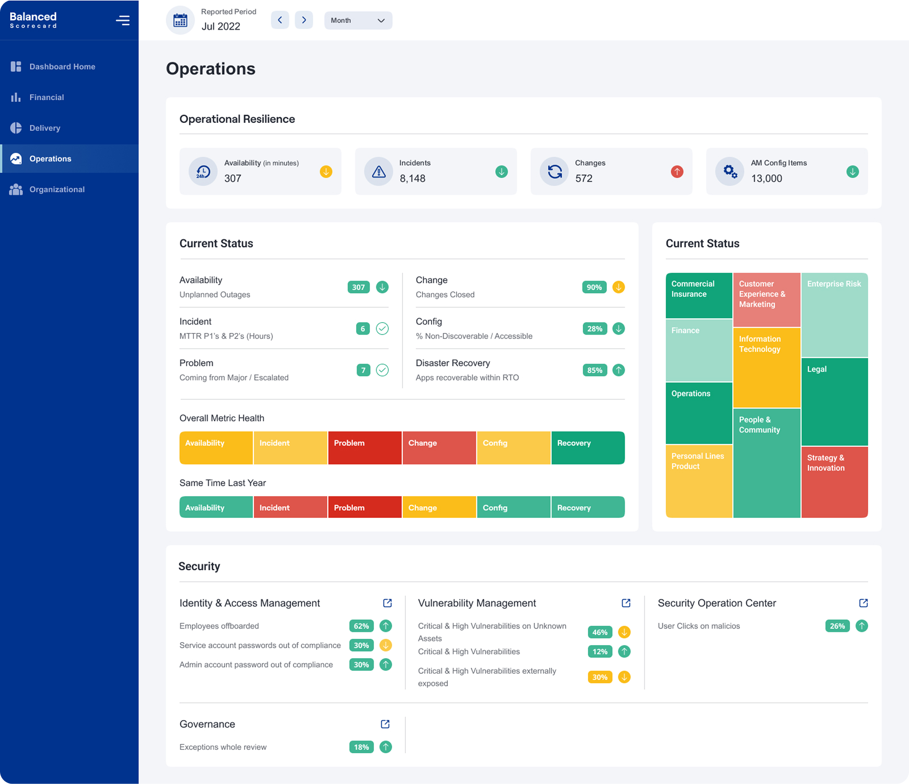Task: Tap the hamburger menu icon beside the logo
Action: [122, 21]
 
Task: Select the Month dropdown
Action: [358, 21]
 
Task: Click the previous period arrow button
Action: [280, 20]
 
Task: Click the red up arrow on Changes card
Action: [676, 172]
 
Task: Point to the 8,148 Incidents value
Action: [412, 179]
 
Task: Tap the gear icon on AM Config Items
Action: [730, 171]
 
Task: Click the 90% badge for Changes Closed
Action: [594, 288]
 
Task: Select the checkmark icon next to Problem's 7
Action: [382, 370]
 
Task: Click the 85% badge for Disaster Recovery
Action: [595, 371]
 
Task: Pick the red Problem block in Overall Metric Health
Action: [364, 448]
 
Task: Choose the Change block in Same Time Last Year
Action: [439, 507]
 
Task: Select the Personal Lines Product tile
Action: [699, 481]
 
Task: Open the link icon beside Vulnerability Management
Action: [626, 603]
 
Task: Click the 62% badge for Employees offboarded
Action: [361, 626]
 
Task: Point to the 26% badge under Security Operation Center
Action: [837, 626]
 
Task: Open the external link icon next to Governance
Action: [385, 724]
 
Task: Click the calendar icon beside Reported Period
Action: [180, 20]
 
